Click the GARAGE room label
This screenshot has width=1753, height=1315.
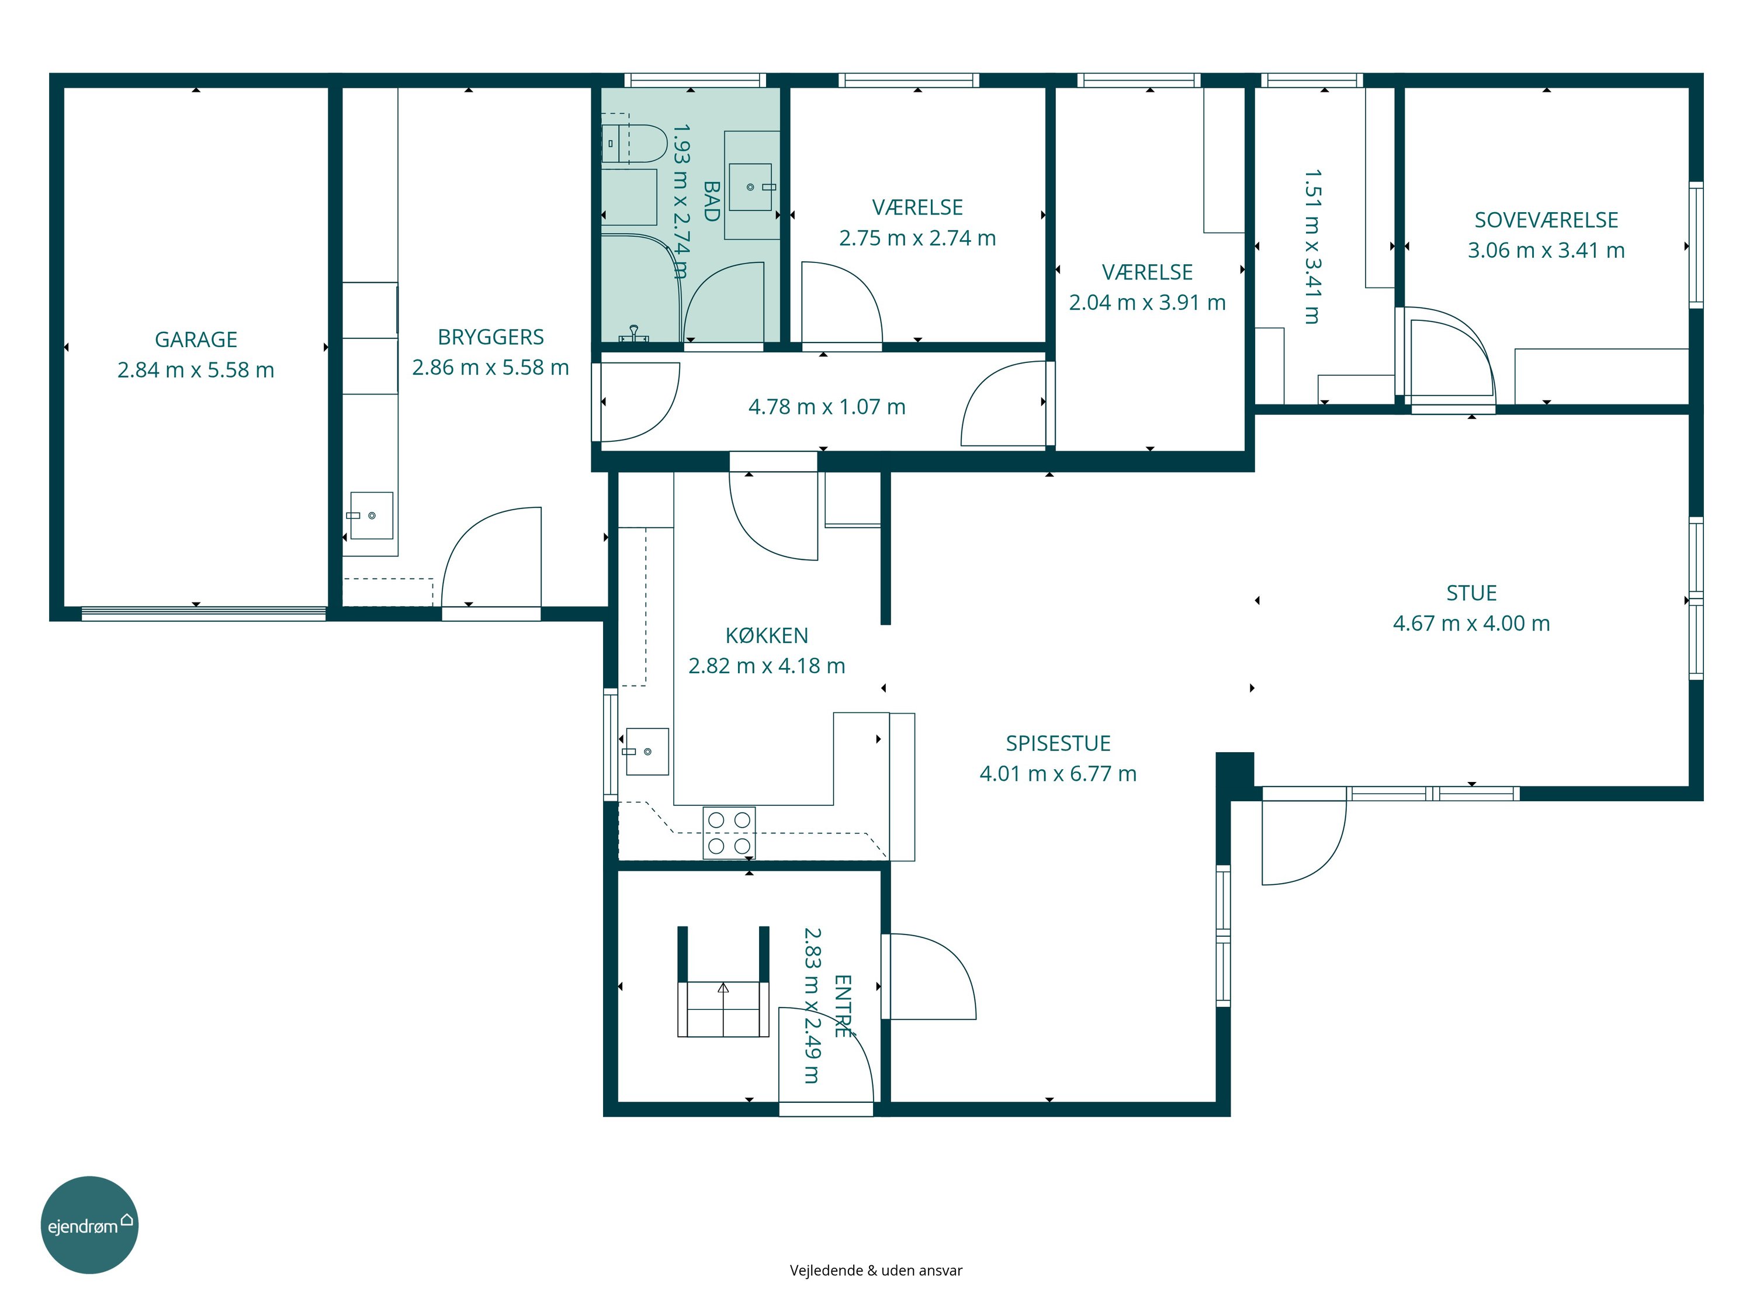point(196,339)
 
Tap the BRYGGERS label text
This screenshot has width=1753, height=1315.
point(491,337)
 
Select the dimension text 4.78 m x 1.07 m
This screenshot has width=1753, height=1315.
point(827,407)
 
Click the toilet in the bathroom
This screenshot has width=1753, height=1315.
point(633,143)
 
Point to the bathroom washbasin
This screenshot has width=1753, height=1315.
point(750,187)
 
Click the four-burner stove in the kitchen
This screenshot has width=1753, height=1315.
point(729,833)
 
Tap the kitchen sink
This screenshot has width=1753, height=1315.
point(647,750)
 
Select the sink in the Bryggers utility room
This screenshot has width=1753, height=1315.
point(371,515)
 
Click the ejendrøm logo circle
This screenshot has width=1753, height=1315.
point(89,1224)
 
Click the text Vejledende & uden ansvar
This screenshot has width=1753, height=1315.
point(876,1271)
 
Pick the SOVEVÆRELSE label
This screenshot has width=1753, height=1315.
point(1546,220)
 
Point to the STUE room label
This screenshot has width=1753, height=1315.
point(1472,593)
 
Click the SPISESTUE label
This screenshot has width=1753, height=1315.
point(1058,743)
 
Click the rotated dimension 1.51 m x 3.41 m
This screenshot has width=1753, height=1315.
point(1312,247)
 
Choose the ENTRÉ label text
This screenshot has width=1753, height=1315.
point(843,1006)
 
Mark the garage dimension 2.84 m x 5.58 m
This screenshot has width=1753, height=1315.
point(196,369)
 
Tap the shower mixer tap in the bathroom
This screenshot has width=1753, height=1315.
point(633,334)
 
